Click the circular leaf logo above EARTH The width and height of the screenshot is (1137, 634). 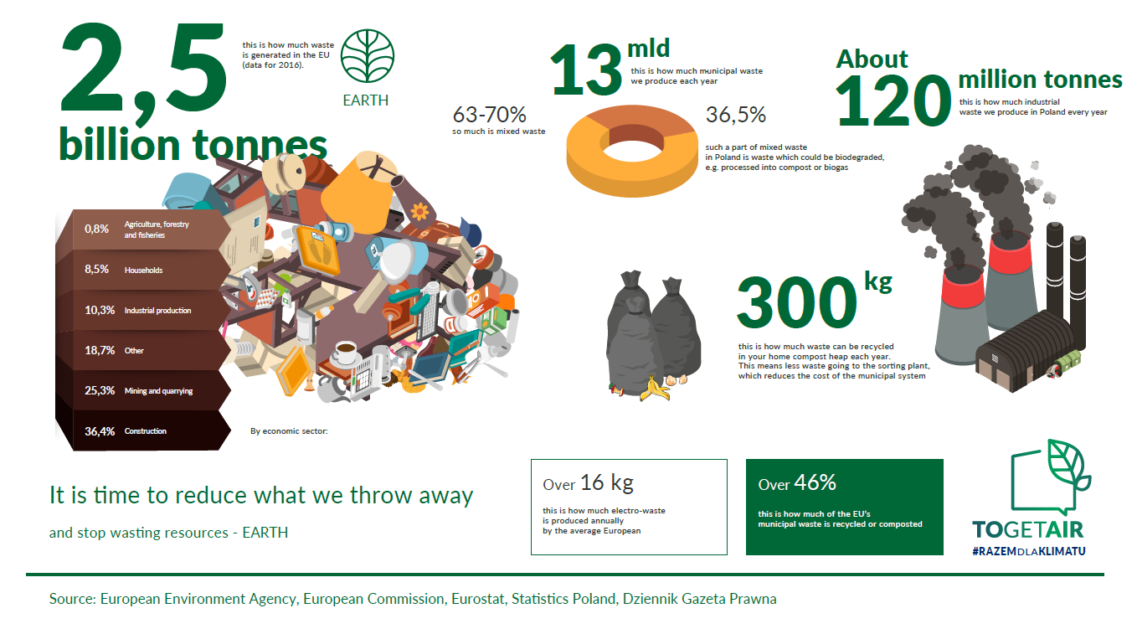coord(367,56)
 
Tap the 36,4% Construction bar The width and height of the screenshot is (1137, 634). coord(143,430)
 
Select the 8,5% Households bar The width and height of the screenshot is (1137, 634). coord(143,270)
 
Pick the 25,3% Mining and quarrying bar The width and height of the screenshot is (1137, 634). coord(143,390)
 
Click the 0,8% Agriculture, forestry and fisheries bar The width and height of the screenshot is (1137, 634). coord(143,229)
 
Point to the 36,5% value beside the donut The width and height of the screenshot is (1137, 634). coord(735,115)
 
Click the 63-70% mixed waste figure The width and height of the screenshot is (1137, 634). coord(489,115)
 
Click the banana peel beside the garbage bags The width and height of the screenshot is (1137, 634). coord(655,389)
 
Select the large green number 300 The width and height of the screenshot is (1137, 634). coord(797,302)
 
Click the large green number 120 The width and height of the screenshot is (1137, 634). coord(893,100)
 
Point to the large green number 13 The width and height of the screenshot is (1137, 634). coord(586,70)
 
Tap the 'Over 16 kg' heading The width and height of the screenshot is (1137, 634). coord(588,482)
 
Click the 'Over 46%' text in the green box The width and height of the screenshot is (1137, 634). coord(797,482)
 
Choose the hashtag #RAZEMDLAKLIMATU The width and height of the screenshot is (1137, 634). coord(1029,551)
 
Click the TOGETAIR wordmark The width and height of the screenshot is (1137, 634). coord(1028,529)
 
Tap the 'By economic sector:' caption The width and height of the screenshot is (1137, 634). coord(289,431)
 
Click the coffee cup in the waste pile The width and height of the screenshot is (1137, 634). coord(345,353)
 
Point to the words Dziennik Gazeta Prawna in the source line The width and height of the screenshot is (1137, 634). coord(699,599)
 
